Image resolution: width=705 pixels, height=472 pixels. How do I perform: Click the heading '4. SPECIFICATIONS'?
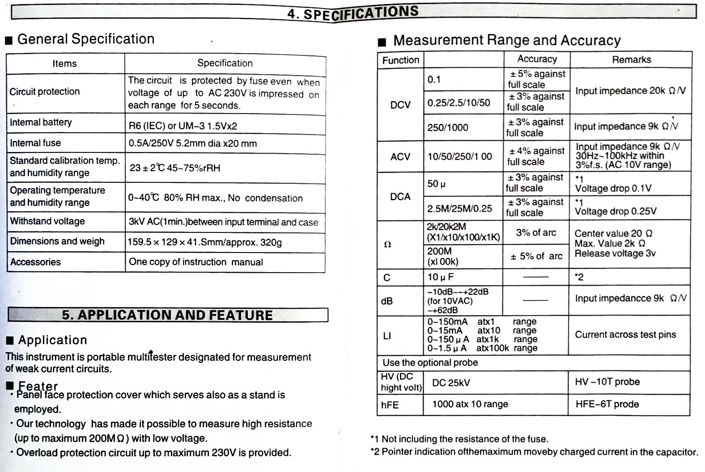tap(353, 13)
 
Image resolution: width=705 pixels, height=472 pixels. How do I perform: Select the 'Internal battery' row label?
tap(41, 122)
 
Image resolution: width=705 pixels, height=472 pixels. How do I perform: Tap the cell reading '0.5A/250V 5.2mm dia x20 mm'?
tap(193, 143)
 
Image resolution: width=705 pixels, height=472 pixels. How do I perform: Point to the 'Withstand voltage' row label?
tap(47, 221)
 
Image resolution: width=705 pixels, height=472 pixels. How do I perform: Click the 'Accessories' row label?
tap(35, 262)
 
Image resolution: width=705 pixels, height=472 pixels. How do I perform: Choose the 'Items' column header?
tap(64, 63)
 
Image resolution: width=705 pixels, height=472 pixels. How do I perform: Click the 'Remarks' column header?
tap(631, 59)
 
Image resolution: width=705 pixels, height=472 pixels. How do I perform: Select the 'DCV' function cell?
tap(400, 105)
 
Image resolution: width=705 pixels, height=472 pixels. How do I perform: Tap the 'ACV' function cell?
tap(400, 156)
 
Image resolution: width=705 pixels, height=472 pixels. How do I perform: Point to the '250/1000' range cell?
tap(448, 127)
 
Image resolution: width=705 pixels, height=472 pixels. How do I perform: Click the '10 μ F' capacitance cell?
tap(441, 277)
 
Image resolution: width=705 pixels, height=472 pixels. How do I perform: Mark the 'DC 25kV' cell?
tap(451, 383)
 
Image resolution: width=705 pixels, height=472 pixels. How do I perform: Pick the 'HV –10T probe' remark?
tap(607, 382)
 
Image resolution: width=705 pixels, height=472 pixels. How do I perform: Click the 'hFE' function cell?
tap(390, 405)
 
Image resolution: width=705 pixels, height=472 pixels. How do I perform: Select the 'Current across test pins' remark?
tap(625, 335)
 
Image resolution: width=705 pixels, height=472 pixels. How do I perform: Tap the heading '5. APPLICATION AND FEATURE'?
tap(167, 315)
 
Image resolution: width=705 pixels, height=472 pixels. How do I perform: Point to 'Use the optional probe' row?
tap(430, 362)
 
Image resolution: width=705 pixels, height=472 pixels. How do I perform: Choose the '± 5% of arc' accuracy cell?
tap(536, 256)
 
